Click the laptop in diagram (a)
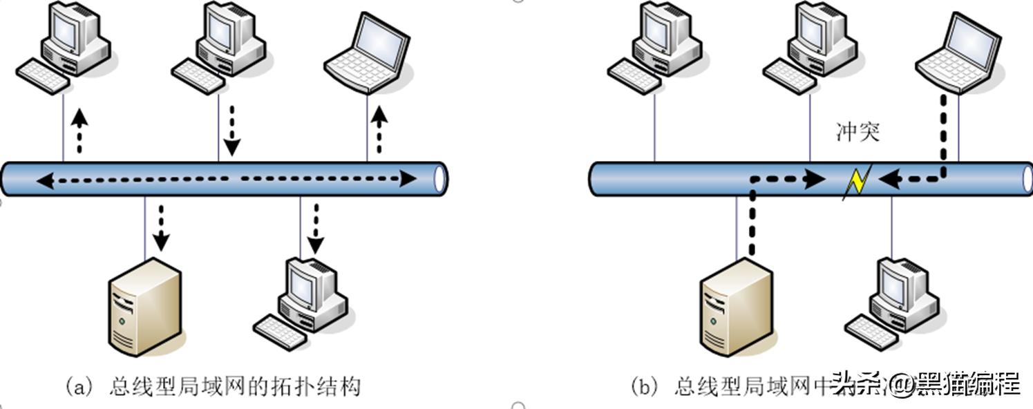click(x=368, y=53)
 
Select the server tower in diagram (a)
click(x=146, y=307)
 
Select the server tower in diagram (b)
click(x=736, y=307)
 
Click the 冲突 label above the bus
click(x=857, y=132)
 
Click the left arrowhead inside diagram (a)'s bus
click(x=46, y=181)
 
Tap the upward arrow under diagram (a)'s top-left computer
click(x=80, y=130)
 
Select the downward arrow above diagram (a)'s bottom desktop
click(x=316, y=229)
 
